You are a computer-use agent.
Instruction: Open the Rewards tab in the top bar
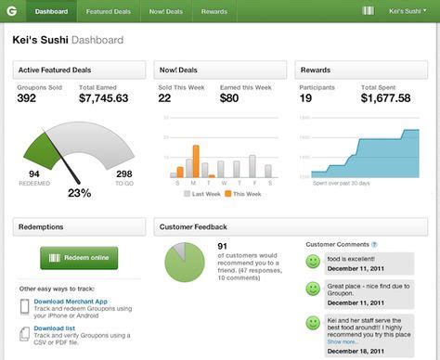click(x=214, y=11)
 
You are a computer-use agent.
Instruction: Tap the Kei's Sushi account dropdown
click(x=408, y=11)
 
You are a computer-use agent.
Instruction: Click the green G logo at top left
click(x=10, y=11)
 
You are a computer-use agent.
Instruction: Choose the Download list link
click(x=54, y=328)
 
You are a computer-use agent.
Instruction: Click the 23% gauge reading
click(x=81, y=193)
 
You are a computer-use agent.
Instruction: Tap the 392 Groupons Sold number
click(x=27, y=97)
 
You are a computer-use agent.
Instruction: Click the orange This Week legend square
click(x=226, y=194)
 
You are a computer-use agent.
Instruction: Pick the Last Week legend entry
click(x=201, y=194)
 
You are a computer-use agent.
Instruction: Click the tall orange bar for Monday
click(x=196, y=161)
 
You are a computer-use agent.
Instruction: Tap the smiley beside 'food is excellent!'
click(x=314, y=262)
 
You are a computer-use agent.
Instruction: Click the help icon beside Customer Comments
click(x=375, y=244)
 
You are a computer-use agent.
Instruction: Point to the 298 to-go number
click(x=123, y=173)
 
